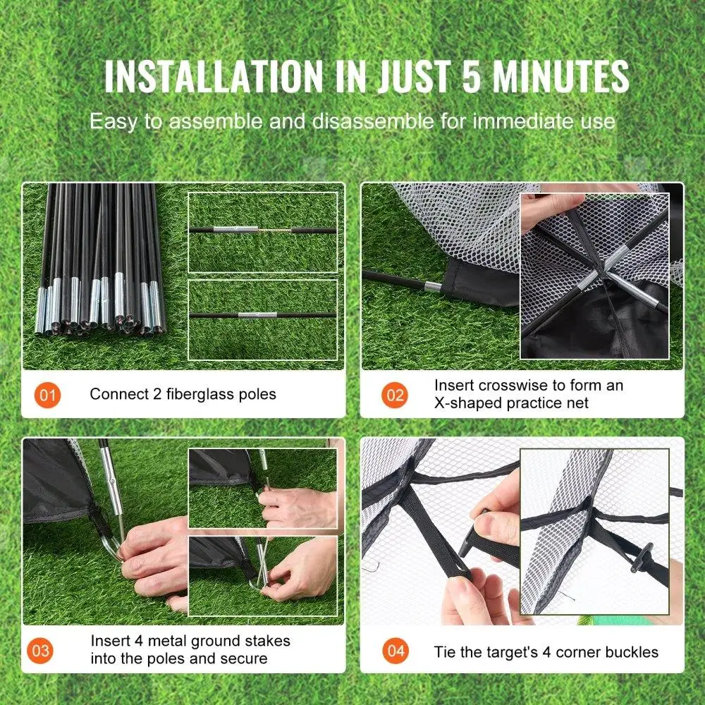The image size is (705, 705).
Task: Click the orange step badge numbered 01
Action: click(x=47, y=395)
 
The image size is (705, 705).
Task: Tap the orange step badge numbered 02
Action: click(x=395, y=395)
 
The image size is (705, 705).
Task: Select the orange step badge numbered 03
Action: click(x=42, y=650)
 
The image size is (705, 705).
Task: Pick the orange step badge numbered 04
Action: click(x=395, y=650)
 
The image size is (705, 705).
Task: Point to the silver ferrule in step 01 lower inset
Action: click(x=252, y=314)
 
